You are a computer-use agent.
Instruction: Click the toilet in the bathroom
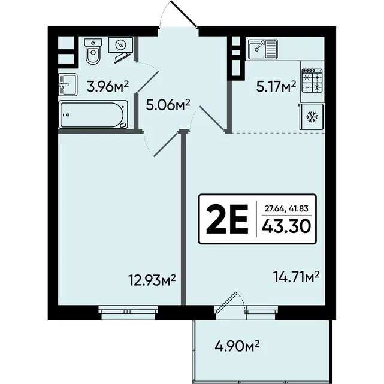[93, 52]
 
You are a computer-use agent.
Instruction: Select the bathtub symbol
[93, 114]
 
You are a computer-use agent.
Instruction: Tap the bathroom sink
[68, 84]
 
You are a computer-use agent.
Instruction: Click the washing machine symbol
[121, 45]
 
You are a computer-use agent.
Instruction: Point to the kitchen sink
[263, 50]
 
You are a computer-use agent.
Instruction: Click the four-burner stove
[312, 80]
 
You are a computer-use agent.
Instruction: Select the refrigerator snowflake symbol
[312, 117]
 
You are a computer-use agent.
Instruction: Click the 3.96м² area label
[108, 87]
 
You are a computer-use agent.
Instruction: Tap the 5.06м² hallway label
[168, 105]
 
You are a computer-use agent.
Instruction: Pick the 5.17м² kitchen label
[276, 86]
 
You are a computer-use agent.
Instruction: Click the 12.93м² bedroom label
[152, 280]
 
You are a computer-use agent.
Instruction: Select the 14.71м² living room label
[296, 277]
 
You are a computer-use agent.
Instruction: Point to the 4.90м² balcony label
[237, 346]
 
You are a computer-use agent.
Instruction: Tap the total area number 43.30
[286, 226]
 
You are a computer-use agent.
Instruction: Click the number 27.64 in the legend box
[274, 209]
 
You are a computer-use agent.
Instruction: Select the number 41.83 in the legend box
[298, 208]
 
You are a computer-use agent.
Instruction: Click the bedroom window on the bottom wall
[128, 313]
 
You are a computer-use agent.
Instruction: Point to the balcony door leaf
[226, 303]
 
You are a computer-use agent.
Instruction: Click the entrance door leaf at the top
[184, 13]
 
